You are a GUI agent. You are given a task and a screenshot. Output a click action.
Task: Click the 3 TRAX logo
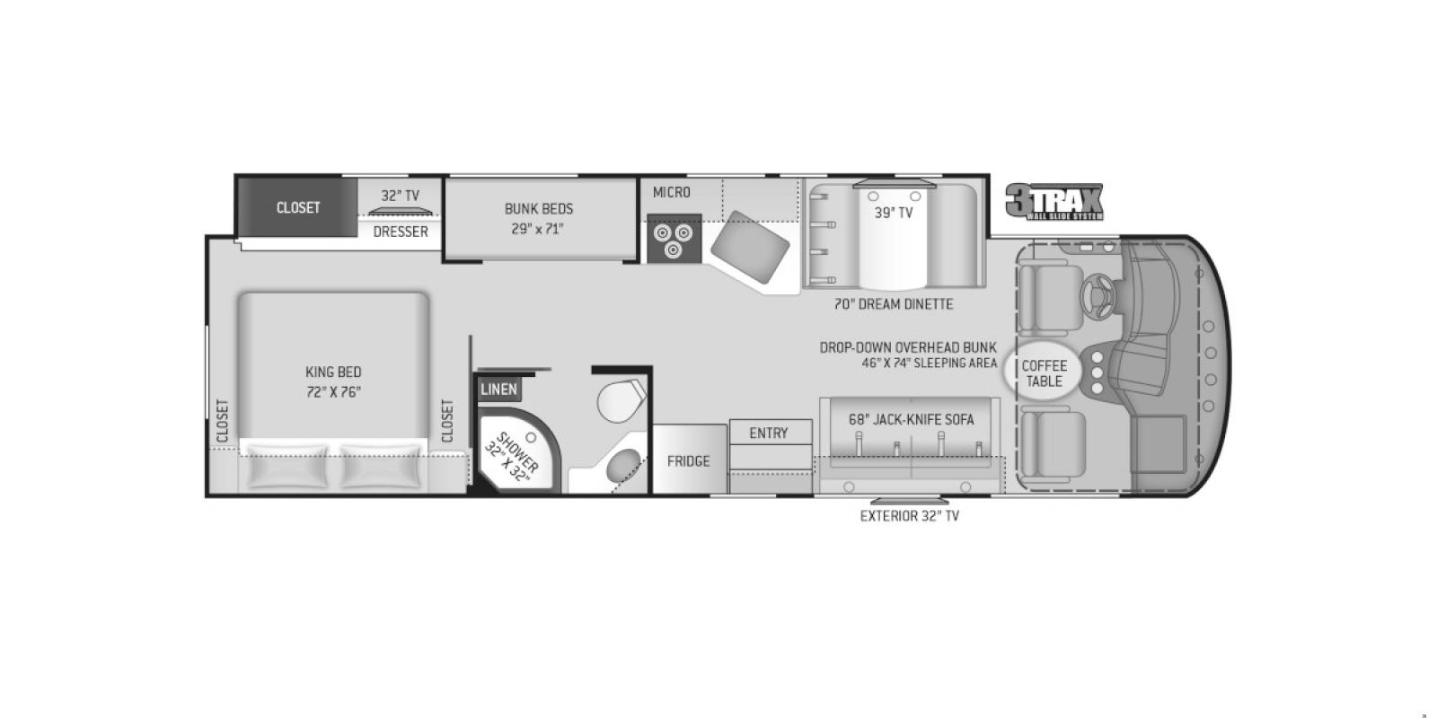pyautogui.click(x=1054, y=202)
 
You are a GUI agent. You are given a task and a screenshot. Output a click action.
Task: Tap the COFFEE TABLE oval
pyautogui.click(x=1045, y=372)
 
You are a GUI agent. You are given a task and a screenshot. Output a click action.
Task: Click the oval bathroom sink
pyautogui.click(x=625, y=467)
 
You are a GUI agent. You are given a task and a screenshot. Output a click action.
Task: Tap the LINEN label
pyautogui.click(x=498, y=389)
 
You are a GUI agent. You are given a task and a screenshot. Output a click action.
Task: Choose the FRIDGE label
pyautogui.click(x=689, y=461)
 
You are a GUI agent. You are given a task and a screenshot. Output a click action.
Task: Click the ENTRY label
pyautogui.click(x=769, y=433)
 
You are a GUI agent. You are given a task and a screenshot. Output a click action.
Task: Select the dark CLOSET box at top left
pyautogui.click(x=297, y=207)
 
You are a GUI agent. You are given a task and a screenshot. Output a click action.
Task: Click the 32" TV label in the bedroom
pyautogui.click(x=400, y=196)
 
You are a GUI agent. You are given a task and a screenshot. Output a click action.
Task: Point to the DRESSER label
pyautogui.click(x=401, y=232)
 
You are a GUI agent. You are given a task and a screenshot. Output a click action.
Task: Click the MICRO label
pyautogui.click(x=672, y=192)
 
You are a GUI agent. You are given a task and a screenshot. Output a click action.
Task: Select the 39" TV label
pyautogui.click(x=894, y=213)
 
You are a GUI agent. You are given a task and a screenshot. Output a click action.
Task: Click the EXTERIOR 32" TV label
pyautogui.click(x=909, y=516)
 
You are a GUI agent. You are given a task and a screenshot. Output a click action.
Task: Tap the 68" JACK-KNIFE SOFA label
pyautogui.click(x=911, y=419)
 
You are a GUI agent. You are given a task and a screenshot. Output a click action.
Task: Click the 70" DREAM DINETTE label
pyautogui.click(x=894, y=304)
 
